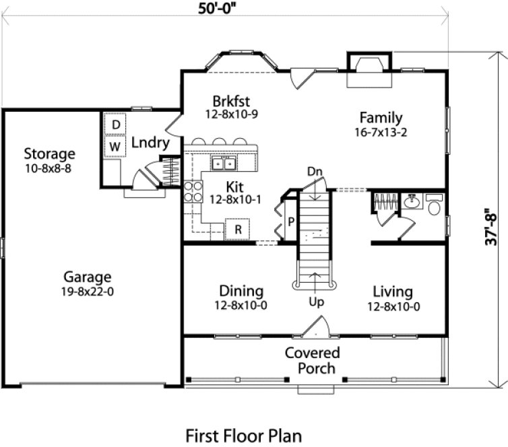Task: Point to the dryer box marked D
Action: pos(116,125)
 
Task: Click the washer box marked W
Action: pos(116,145)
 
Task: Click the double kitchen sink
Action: pos(222,163)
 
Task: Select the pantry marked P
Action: pos(290,221)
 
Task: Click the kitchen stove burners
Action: pos(193,192)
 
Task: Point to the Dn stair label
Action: pos(315,172)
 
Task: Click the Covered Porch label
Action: pos(311,360)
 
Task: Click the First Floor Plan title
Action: pos(243,436)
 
